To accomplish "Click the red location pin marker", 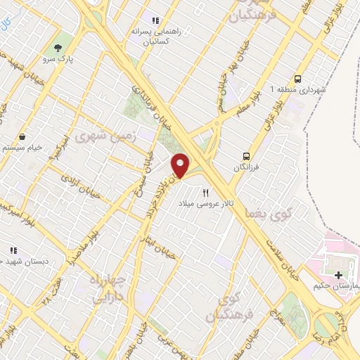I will click(x=181, y=165).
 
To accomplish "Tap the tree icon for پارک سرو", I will click(x=58, y=48).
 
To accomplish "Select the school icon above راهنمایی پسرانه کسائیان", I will click(x=155, y=21).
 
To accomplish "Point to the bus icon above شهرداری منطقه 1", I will click(x=298, y=79).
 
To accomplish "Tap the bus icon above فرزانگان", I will click(x=246, y=156).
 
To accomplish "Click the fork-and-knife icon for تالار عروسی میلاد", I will click(x=206, y=191).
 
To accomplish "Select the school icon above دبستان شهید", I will click(x=13, y=250).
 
